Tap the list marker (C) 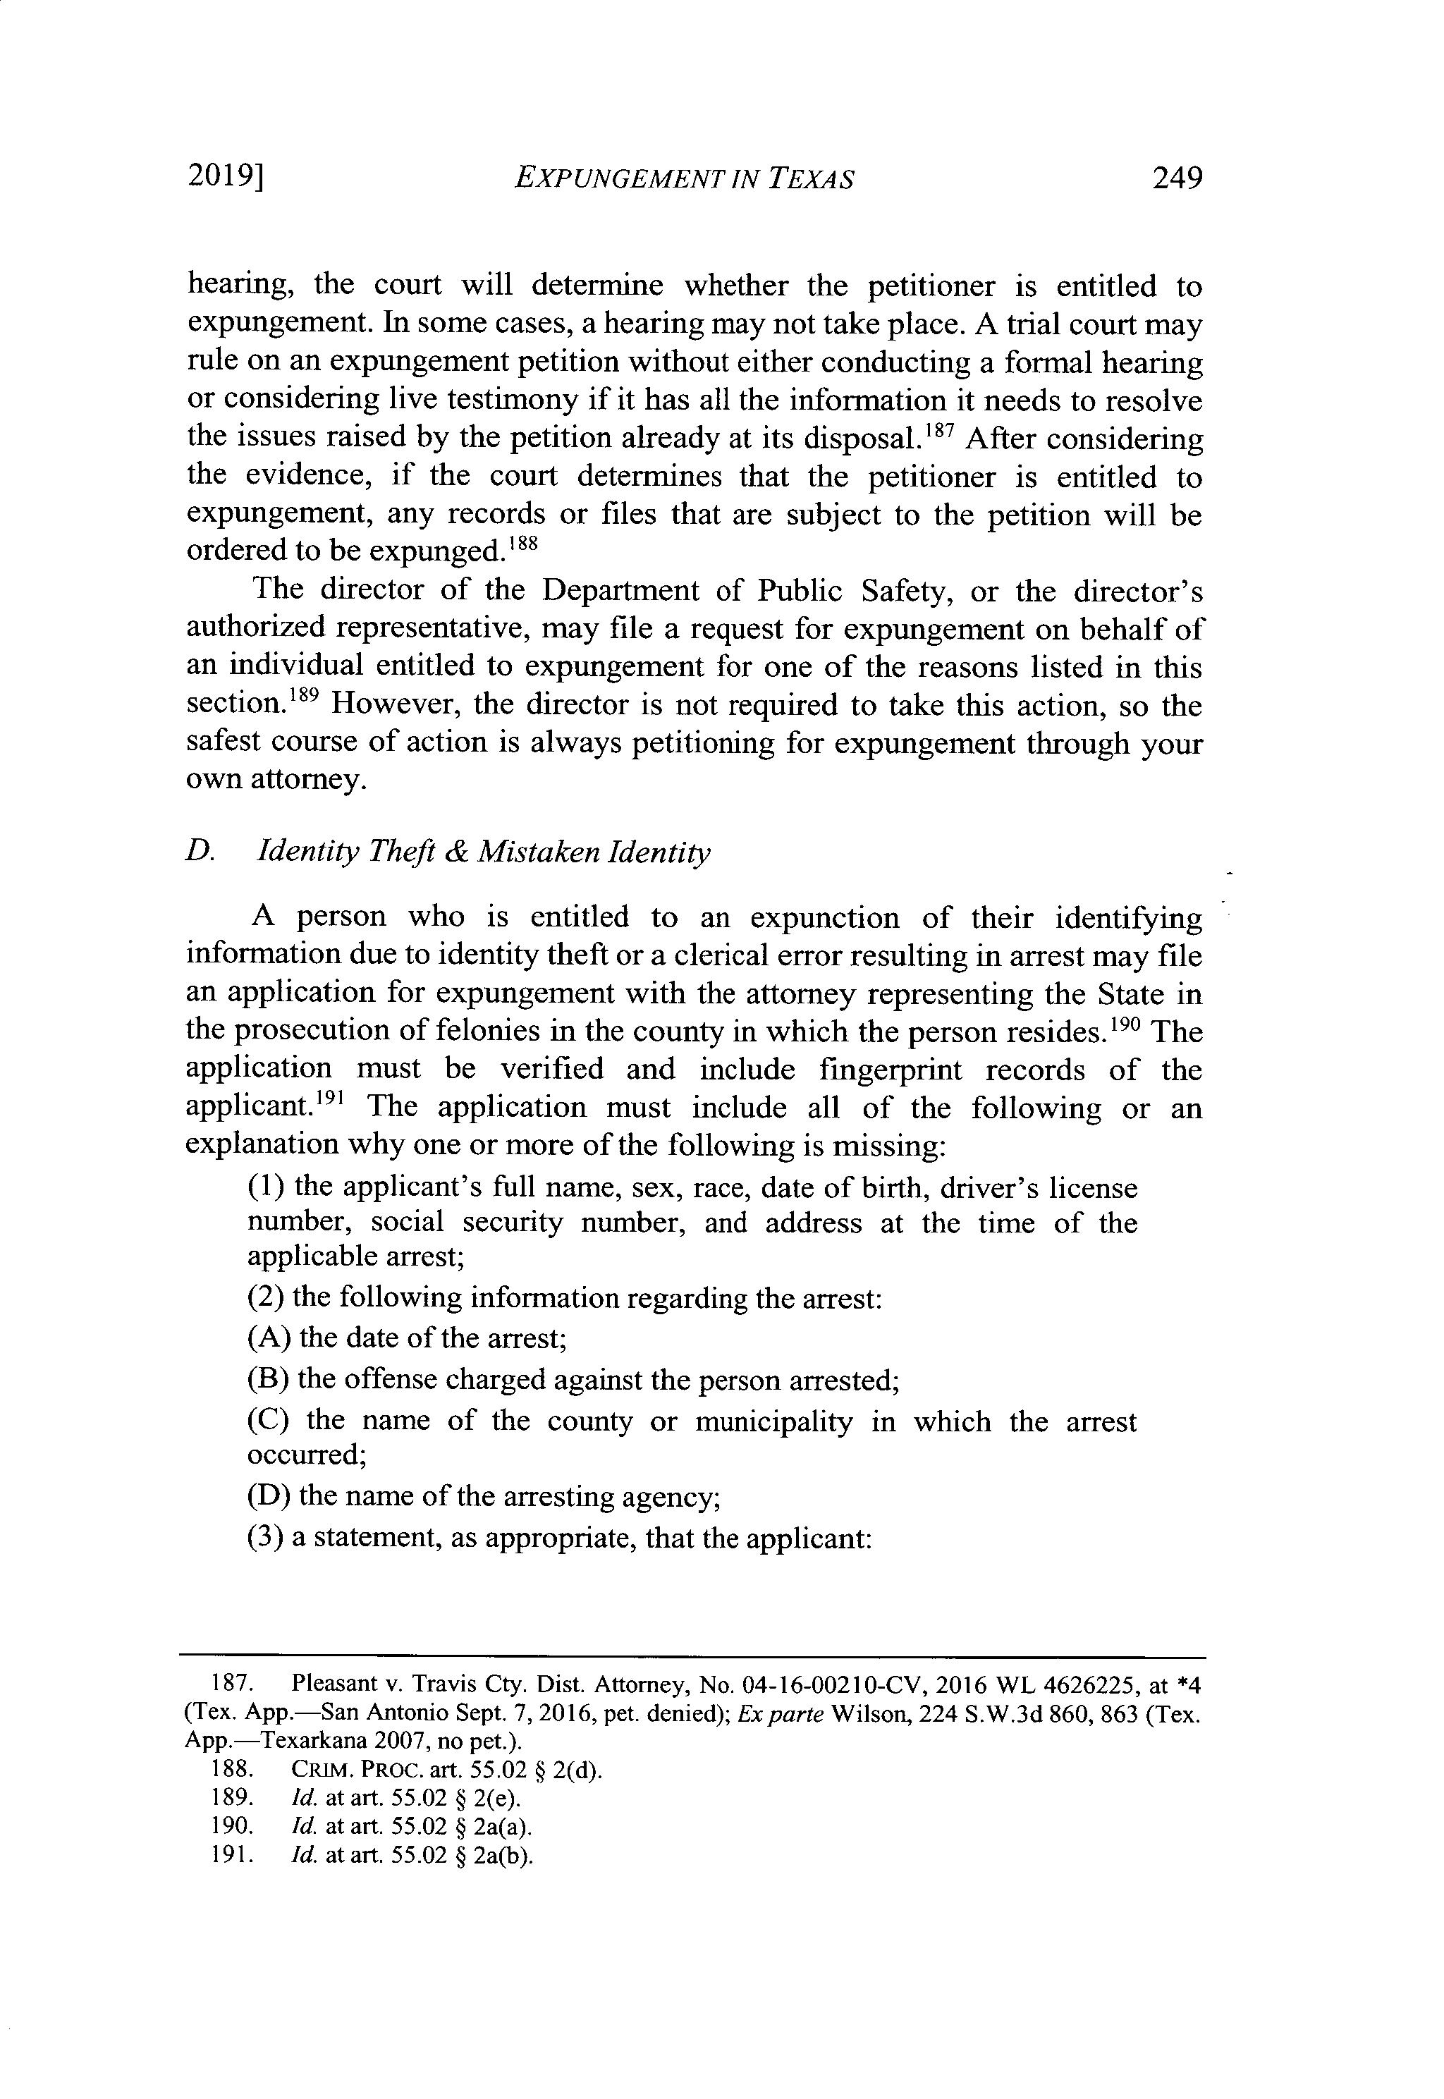pos(268,1421)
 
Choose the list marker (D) pos(268,1495)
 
